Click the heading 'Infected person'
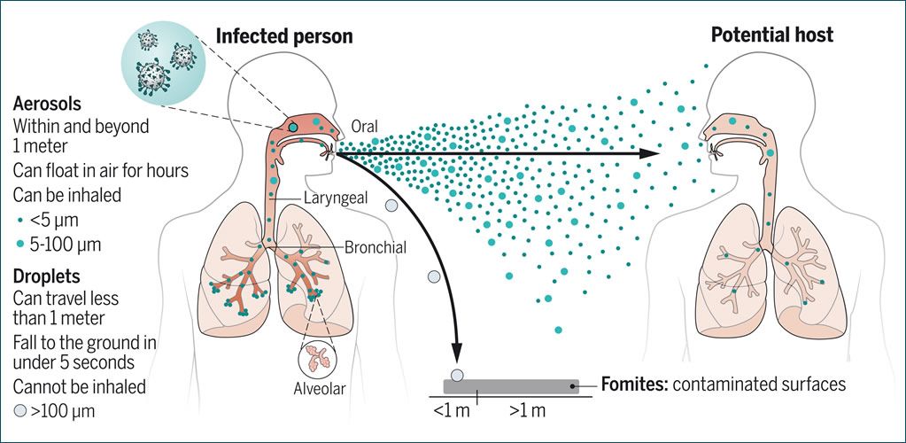tap(284, 36)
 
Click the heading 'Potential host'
tap(772, 35)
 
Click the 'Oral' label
tap(365, 128)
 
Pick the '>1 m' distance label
tap(527, 410)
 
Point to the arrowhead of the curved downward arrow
tap(457, 350)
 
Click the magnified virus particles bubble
tap(163, 60)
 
